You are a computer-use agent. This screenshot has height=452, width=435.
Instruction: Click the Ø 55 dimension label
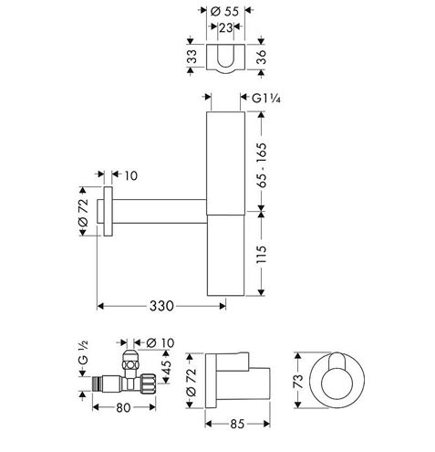click(x=224, y=12)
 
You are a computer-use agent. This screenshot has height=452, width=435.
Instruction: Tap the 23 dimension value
click(x=226, y=28)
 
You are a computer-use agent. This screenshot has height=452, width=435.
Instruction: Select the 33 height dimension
click(x=192, y=57)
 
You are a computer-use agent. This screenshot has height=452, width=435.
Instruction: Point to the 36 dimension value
click(x=262, y=57)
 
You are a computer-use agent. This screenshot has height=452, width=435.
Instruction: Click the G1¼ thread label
click(x=266, y=99)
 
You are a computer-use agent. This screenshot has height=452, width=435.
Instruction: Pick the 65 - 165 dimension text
click(x=262, y=165)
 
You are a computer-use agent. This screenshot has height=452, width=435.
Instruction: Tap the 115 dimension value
click(x=262, y=254)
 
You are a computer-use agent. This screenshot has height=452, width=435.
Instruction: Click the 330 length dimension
click(x=161, y=306)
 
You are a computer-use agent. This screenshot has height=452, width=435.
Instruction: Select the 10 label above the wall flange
click(x=131, y=176)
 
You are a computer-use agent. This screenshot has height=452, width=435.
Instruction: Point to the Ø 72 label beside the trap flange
click(x=83, y=212)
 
